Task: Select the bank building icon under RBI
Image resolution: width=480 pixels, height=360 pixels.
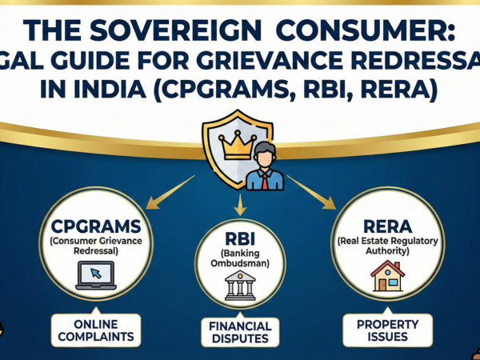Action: [x=239, y=286]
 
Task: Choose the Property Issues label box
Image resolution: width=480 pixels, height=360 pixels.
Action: [x=387, y=330]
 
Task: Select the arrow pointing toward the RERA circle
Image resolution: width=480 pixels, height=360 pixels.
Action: [x=309, y=191]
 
